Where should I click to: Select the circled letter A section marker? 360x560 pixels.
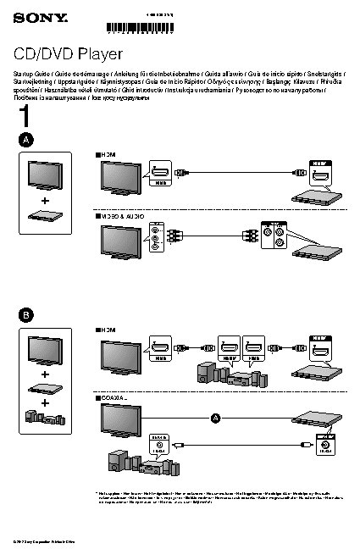tap(27, 139)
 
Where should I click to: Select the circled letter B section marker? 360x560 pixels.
tap(27, 314)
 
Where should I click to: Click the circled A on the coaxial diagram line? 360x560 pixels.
tap(214, 418)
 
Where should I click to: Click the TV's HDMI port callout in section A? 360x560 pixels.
tap(160, 173)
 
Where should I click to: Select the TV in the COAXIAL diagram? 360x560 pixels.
tap(120, 420)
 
